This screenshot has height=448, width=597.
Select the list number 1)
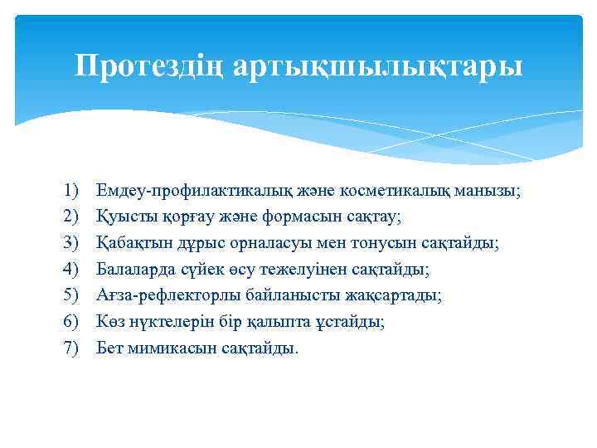[70, 191]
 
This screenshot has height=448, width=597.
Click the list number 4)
[70, 269]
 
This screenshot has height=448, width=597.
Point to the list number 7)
[70, 347]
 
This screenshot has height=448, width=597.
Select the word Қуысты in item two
[121, 217]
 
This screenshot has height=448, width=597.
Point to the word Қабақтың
[129, 243]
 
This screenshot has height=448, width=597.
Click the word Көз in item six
[109, 321]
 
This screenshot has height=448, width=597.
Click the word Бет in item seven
[109, 347]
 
